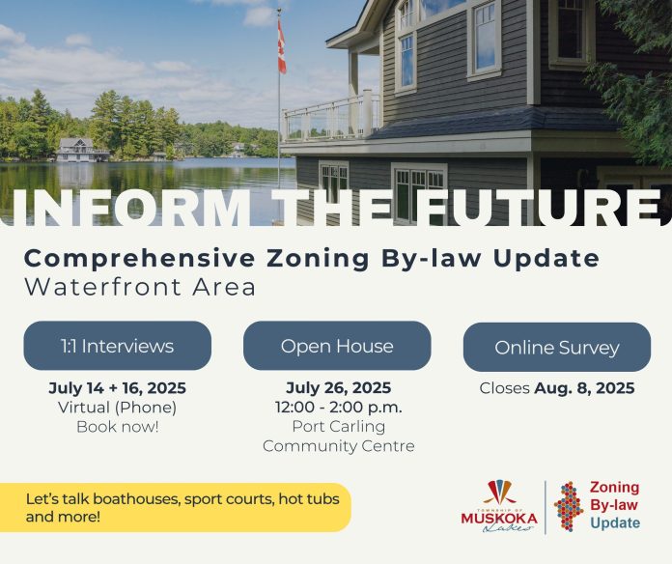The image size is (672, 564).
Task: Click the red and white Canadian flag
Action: (281, 46)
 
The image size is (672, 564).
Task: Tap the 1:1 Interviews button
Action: (118, 346)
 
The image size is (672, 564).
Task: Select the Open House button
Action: (337, 346)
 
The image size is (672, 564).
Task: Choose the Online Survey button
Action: (557, 347)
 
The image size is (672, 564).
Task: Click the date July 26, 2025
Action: (338, 387)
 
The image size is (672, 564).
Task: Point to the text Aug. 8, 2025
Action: (584, 388)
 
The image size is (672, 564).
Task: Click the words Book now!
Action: (118, 427)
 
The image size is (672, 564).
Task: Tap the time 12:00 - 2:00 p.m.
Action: (339, 407)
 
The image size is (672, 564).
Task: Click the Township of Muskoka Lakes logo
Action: (499, 506)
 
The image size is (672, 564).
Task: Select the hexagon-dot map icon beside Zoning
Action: (569, 506)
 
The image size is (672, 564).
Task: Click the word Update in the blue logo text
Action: (615, 522)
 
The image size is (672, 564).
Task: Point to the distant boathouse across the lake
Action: (82, 150)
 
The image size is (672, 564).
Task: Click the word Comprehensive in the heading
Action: (139, 259)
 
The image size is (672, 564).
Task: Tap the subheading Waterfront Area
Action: (140, 287)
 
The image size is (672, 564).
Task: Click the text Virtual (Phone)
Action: (118, 408)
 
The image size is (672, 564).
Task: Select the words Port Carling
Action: (339, 426)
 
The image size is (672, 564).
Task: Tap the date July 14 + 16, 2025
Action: (118, 388)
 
